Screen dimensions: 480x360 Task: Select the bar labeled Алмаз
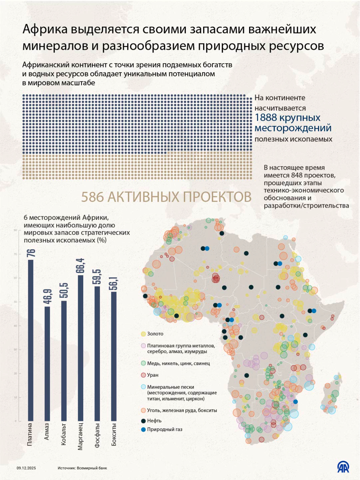(47, 363)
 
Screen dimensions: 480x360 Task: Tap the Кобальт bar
(64, 360)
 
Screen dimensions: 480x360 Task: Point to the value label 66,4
(80, 266)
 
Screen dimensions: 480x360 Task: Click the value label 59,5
(97, 277)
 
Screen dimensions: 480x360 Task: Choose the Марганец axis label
(80, 436)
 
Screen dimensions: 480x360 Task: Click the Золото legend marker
(143, 334)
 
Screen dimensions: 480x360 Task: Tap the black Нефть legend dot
(143, 421)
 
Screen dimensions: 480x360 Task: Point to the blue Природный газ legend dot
(143, 430)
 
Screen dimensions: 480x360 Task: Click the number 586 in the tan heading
(93, 197)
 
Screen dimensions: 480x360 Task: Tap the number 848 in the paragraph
(297, 175)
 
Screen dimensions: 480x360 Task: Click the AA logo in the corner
(343, 467)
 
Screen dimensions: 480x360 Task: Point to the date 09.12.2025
(26, 468)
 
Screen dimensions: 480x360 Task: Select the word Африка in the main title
(45, 29)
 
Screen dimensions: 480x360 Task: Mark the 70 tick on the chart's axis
(15, 254)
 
